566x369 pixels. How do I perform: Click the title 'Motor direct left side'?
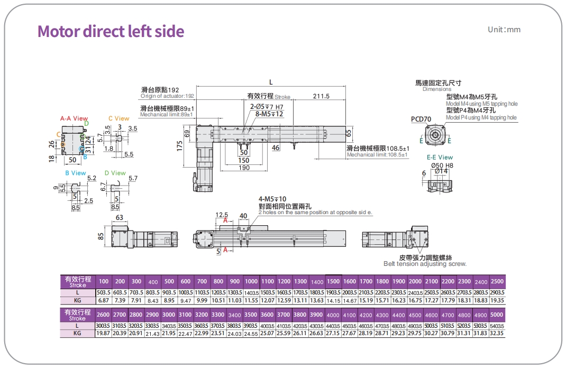click(111, 31)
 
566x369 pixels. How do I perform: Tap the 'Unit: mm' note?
click(504, 30)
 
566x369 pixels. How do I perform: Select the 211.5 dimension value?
click(321, 96)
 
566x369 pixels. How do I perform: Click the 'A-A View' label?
click(74, 118)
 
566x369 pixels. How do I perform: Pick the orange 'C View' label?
click(118, 118)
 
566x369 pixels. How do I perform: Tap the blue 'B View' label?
click(75, 173)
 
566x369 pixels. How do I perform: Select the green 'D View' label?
click(115, 173)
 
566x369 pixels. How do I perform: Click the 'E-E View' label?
click(440, 157)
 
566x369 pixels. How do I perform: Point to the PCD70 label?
click(421, 119)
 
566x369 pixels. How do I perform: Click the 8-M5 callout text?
click(269, 114)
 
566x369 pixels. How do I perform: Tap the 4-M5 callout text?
click(272, 199)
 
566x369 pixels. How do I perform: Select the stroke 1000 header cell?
click(251, 281)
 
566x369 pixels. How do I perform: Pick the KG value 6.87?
click(104, 300)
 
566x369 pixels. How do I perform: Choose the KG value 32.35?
click(497, 333)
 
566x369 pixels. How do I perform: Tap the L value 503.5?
click(104, 292)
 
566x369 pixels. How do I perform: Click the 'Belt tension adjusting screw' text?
click(425, 264)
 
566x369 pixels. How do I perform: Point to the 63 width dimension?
click(119, 218)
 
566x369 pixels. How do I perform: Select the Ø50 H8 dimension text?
click(442, 165)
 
